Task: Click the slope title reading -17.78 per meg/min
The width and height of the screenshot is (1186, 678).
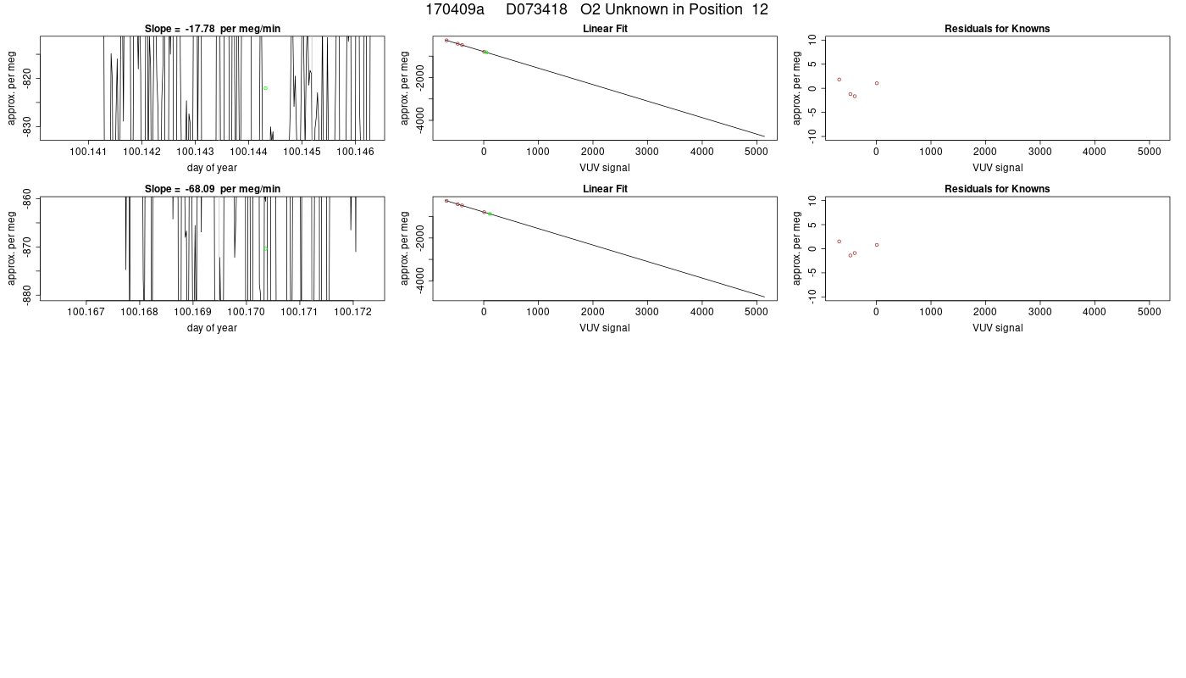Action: tap(213, 29)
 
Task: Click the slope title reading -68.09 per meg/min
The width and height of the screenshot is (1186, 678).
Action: tap(213, 189)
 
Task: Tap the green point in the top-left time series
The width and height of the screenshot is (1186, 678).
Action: tap(266, 88)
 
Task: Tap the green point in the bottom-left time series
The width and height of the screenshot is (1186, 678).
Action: tap(266, 249)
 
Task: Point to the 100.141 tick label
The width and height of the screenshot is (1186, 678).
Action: tap(88, 152)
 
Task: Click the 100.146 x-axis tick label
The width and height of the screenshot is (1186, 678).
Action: tap(355, 152)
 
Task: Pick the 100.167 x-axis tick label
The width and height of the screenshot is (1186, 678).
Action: tap(86, 312)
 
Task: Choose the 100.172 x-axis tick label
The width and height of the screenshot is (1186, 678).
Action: tap(353, 312)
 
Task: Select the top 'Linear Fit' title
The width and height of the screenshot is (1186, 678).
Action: tap(605, 29)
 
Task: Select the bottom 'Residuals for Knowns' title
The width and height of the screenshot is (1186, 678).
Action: tap(998, 189)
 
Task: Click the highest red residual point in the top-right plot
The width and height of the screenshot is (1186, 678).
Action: tap(840, 80)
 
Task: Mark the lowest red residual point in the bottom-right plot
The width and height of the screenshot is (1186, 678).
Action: tap(851, 256)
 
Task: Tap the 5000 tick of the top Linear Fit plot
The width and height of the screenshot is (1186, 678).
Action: tap(756, 152)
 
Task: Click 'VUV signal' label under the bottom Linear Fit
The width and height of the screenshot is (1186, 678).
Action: tap(605, 328)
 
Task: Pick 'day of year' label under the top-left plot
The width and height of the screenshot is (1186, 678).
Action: tap(212, 168)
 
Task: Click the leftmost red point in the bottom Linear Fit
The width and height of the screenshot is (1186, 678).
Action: tap(447, 202)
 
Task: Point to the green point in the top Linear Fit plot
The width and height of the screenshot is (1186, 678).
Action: tap(486, 53)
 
